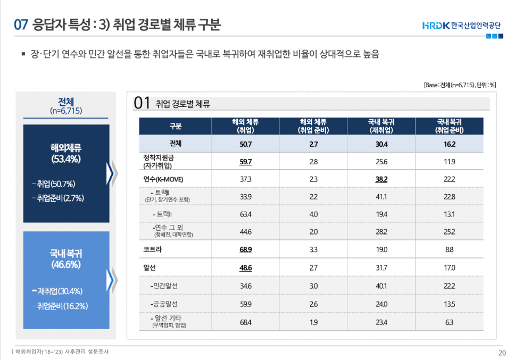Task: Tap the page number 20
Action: coord(502,353)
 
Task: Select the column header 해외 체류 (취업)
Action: coord(245,126)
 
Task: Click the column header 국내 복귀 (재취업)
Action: coord(381,126)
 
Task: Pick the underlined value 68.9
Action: coord(245,249)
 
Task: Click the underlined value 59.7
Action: coord(245,162)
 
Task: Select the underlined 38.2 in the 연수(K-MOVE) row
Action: coord(381,179)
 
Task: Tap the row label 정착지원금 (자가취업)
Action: coord(159,162)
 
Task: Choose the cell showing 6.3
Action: coord(449,322)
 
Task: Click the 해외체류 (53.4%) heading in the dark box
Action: coord(66,153)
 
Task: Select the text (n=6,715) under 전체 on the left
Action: coord(66,111)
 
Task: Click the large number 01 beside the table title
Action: coord(142,103)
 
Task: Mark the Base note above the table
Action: coord(460,85)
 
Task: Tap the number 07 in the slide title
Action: coord(21,24)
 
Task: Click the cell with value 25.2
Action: coord(449,231)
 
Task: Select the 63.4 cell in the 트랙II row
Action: coord(245,214)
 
